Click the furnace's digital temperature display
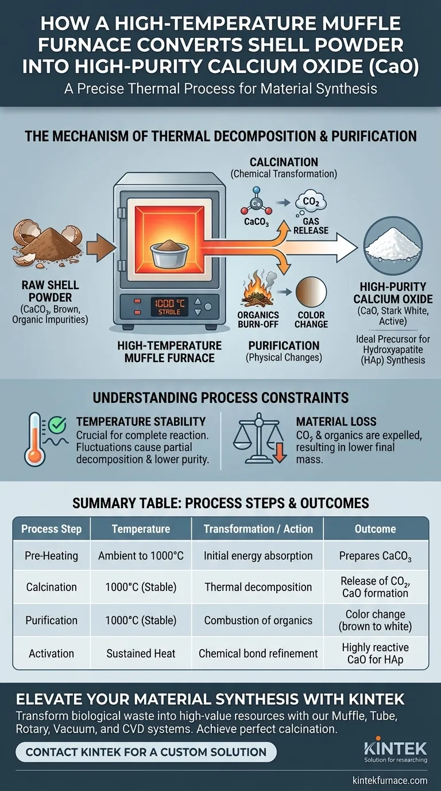pyautogui.click(x=170, y=306)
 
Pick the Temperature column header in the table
pyautogui.click(x=141, y=529)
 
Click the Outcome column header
pyautogui.click(x=375, y=529)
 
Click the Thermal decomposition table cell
pyautogui.click(x=258, y=587)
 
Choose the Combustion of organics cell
pyautogui.click(x=258, y=620)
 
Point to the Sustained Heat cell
pyautogui.click(x=141, y=654)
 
